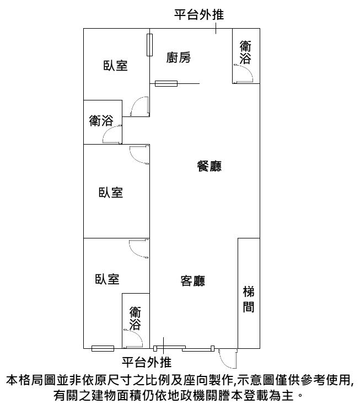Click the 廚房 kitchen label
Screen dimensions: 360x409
tap(179, 57)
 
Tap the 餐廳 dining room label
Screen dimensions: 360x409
tap(209, 166)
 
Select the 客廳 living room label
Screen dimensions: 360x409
tap(193, 281)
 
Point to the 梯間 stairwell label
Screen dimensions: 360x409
tap(249, 299)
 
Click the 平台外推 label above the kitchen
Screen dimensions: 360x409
tap(199, 14)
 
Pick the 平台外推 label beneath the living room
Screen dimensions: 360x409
tap(147, 362)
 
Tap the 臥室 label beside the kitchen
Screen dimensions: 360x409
tap(115, 65)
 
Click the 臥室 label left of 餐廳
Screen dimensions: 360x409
tap(111, 193)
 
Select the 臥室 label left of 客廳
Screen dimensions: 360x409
tap(107, 279)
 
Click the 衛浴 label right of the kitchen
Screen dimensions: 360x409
tap(245, 52)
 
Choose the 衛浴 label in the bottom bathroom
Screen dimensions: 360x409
tap(135, 318)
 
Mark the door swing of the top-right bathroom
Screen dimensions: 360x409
tap(244, 73)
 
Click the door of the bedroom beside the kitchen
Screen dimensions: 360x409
tap(140, 107)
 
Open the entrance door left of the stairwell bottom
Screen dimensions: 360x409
tap(228, 359)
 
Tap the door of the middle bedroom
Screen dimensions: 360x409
tap(139, 155)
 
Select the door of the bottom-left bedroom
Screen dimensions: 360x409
tap(139, 248)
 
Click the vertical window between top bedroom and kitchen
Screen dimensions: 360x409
tap(149, 45)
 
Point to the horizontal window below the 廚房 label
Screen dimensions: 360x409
tap(166, 83)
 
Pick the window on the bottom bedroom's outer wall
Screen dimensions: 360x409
tap(103, 348)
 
